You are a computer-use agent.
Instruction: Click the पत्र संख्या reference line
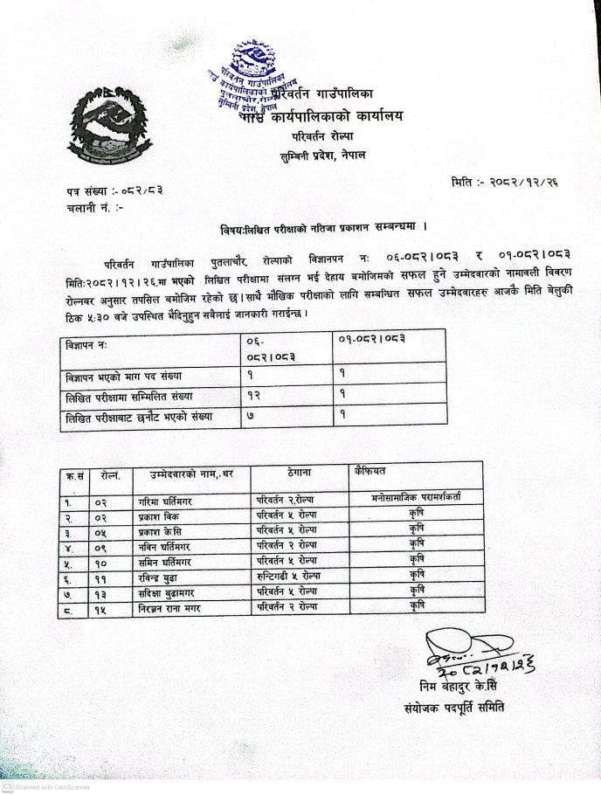coord(114,190)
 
